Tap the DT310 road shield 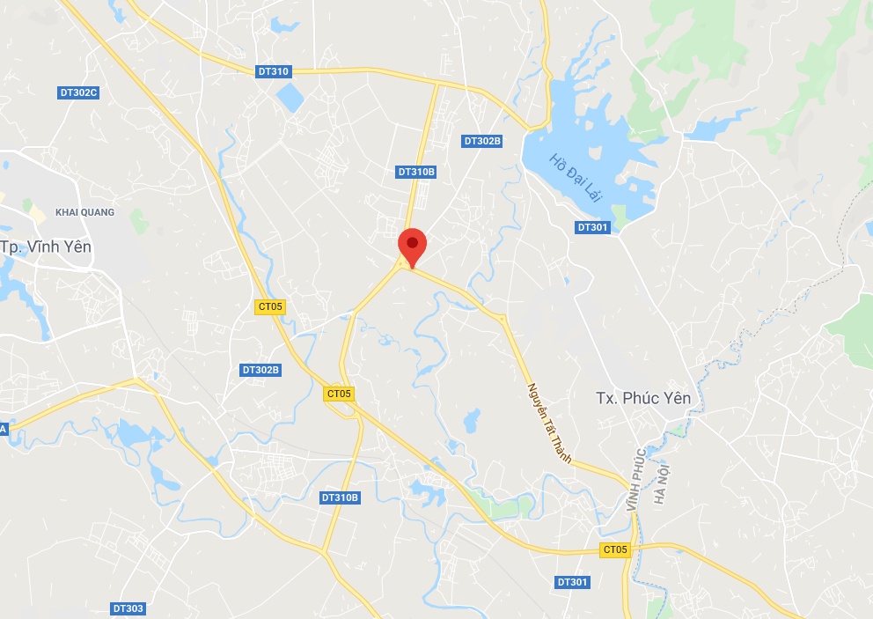pyautogui.click(x=273, y=71)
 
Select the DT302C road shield pyautogui.click(x=78, y=92)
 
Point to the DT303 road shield pyautogui.click(x=128, y=608)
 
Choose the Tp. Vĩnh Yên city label pyautogui.click(x=46, y=247)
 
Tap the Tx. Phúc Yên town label pyautogui.click(x=643, y=398)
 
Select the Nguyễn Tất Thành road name pyautogui.click(x=549, y=423)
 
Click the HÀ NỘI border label pyautogui.click(x=662, y=483)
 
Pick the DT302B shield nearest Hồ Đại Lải pyautogui.click(x=482, y=141)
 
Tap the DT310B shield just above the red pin pyautogui.click(x=416, y=172)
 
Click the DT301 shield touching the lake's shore pyautogui.click(x=593, y=227)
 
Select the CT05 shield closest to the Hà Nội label pyautogui.click(x=616, y=549)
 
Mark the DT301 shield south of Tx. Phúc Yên pyautogui.click(x=572, y=582)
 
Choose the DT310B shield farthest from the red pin pyautogui.click(x=340, y=497)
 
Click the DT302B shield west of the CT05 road pyautogui.click(x=260, y=370)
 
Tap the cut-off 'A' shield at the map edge pyautogui.click(x=4, y=428)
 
